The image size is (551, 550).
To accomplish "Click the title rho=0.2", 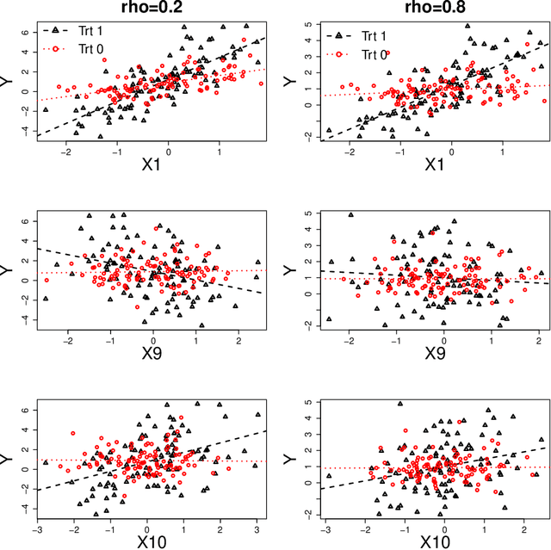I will pos(152,9).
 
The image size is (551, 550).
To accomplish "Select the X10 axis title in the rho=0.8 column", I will pos(435,541).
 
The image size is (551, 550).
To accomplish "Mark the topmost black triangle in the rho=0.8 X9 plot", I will pos(350,215).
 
